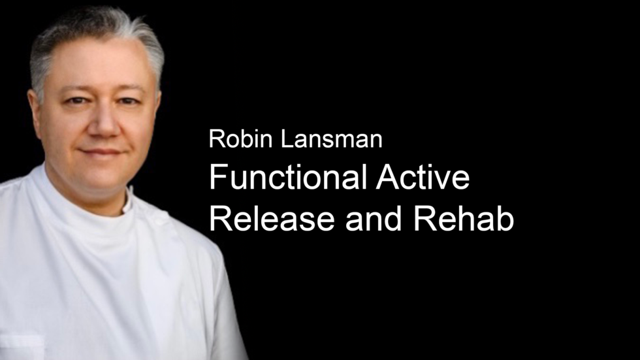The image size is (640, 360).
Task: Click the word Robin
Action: click(x=240, y=139)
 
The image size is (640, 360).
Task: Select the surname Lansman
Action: click(x=332, y=139)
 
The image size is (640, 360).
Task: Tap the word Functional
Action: click(x=288, y=177)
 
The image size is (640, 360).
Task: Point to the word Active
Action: click(x=423, y=177)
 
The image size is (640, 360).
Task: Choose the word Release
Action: click(x=272, y=218)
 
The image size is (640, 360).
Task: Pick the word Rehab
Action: click(x=463, y=218)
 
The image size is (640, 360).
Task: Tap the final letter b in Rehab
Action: click(x=505, y=218)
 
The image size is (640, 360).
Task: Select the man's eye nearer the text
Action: click(x=128, y=101)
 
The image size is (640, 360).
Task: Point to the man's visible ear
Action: click(x=33, y=112)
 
